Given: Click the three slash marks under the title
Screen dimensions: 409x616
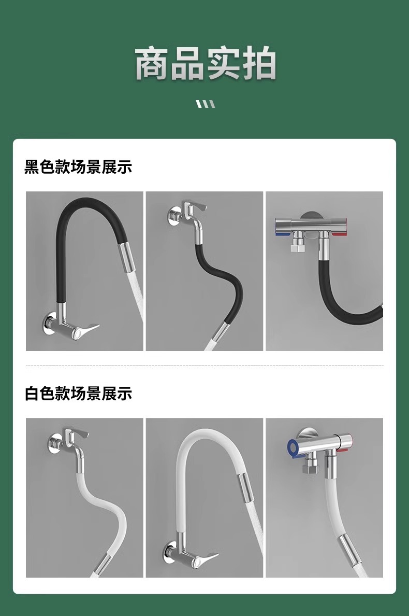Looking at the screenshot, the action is pyautogui.click(x=206, y=104).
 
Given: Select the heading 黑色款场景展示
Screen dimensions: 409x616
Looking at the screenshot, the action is pyautogui.click(x=78, y=166).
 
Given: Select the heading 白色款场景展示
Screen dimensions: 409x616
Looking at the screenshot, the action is pyautogui.click(x=78, y=393).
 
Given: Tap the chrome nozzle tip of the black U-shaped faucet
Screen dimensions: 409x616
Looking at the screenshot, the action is pyautogui.click(x=127, y=258).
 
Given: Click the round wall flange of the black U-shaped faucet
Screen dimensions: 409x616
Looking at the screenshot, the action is pyautogui.click(x=48, y=324).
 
